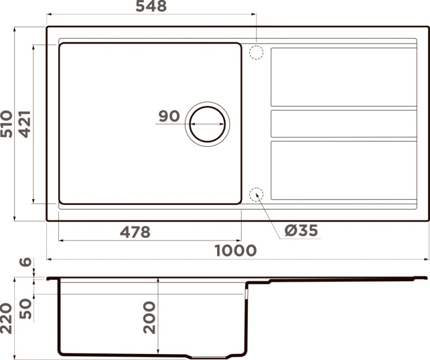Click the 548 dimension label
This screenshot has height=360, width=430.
(150, 7)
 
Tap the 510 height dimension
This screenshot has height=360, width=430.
(7, 123)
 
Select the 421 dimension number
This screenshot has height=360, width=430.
(24, 123)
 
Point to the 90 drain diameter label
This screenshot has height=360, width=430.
(169, 116)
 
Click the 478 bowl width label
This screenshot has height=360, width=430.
(134, 232)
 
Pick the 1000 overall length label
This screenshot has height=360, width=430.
(235, 251)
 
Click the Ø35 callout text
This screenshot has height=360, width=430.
(301, 231)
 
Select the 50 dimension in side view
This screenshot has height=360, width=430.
(25, 308)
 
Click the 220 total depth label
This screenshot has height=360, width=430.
(7, 318)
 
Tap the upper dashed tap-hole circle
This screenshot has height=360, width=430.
(256, 53)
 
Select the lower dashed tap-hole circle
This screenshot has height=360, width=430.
(256, 194)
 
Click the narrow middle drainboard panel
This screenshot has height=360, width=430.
(343, 123)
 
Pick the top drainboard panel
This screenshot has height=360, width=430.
(343, 77)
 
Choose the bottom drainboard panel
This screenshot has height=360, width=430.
(343, 170)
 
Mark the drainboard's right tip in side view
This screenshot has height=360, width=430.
(425, 278)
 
